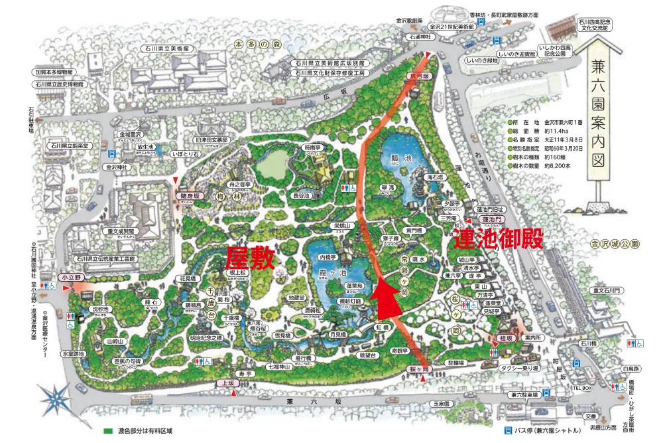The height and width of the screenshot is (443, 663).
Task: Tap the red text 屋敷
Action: [250, 258]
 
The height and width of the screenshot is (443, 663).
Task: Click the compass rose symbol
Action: [54, 397]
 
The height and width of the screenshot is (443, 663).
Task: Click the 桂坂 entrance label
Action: [505, 338]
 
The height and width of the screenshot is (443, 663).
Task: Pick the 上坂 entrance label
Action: [227, 383]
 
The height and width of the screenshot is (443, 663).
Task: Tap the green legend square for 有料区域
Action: [107, 430]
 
